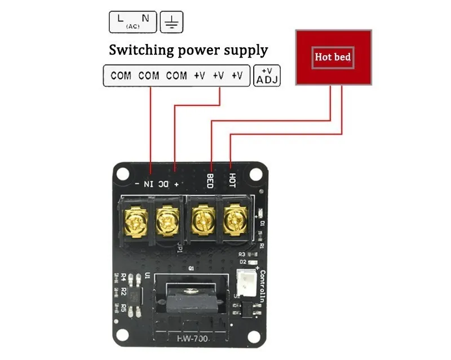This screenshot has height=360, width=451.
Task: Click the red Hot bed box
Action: [x=334, y=57]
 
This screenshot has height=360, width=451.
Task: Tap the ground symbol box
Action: [x=172, y=21]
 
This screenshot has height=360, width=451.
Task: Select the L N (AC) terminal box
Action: [x=132, y=21]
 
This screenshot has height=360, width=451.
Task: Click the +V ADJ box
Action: [x=268, y=75]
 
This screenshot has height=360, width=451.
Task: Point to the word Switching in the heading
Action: [x=141, y=50]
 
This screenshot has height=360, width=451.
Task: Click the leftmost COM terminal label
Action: [x=121, y=75]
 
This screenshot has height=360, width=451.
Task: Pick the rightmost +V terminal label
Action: [x=237, y=75]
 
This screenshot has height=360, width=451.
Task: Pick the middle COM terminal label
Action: [x=149, y=75]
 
